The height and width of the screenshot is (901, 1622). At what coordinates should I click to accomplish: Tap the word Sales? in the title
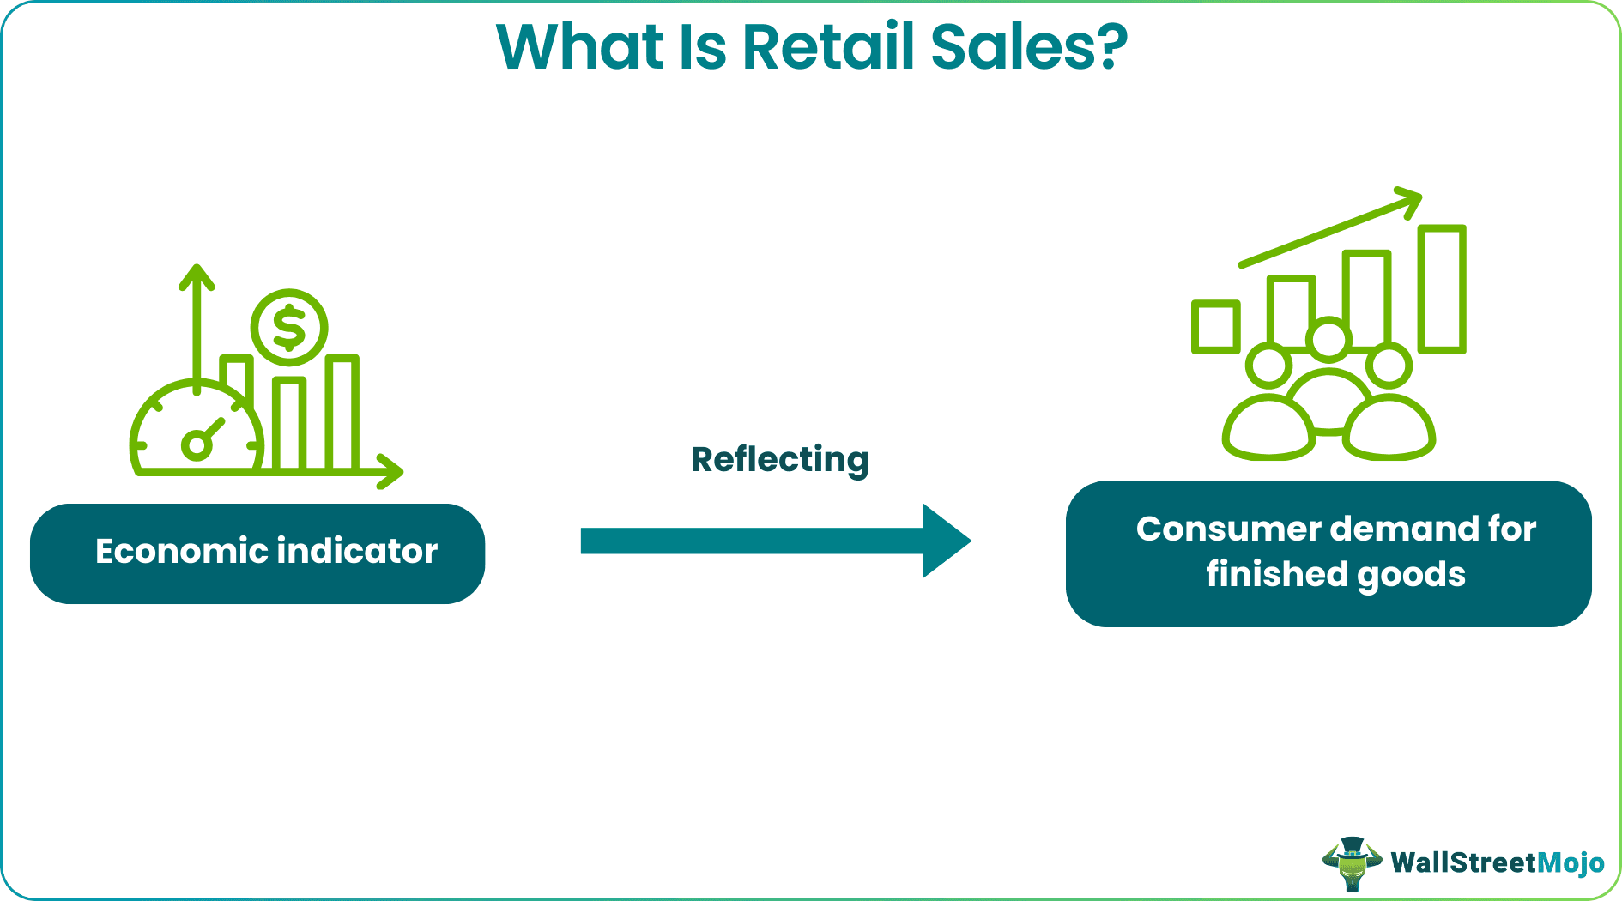pos(1028,47)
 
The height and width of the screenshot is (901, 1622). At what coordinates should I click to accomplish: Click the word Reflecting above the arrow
pos(779,460)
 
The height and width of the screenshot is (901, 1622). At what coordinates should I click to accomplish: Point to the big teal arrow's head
pos(947,541)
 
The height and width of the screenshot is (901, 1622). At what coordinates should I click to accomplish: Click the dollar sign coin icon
pos(289,327)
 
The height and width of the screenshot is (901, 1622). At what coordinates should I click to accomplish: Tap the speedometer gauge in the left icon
pos(197,429)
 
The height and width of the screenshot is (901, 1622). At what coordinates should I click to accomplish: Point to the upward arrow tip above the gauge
pos(197,269)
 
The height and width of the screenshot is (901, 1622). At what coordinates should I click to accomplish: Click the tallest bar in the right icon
pos(1442,289)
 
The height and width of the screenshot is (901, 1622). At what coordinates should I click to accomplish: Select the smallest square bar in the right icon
pos(1215,327)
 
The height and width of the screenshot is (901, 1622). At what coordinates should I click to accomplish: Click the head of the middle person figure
pos(1328,338)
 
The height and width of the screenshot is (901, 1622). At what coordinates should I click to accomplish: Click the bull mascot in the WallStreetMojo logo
pos(1353,863)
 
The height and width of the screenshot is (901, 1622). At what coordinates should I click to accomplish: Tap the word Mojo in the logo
pos(1570,862)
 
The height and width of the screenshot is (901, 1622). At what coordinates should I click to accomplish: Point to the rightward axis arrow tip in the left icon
pos(396,471)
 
